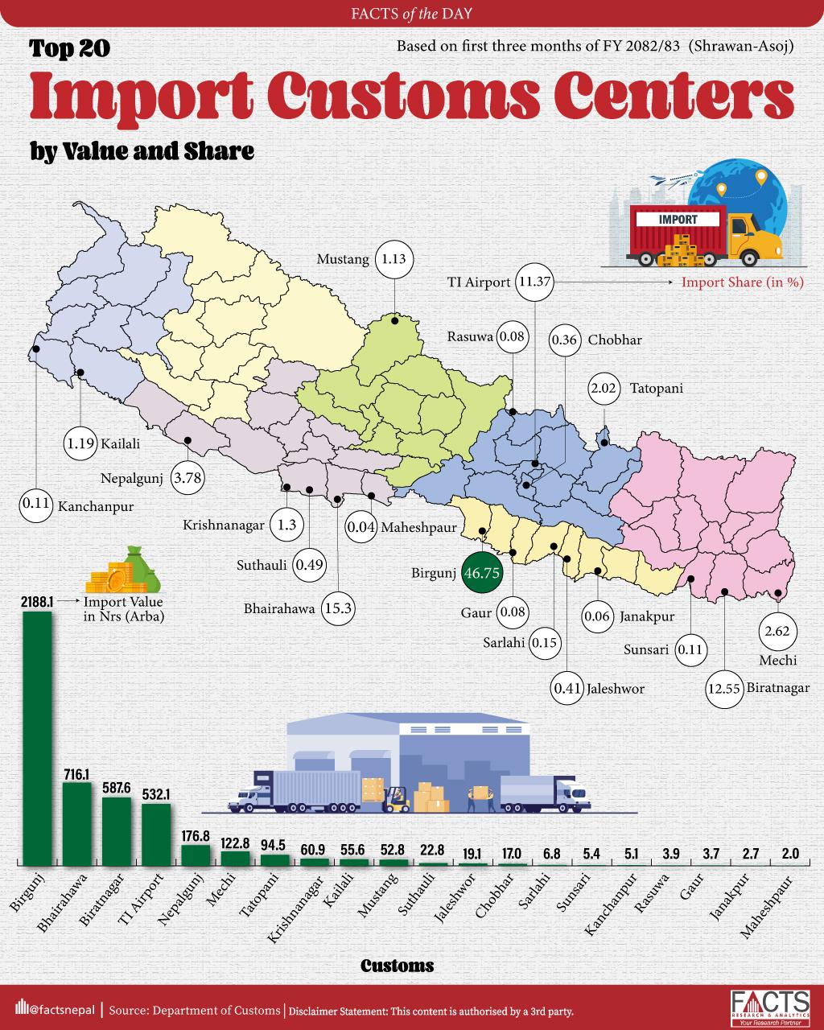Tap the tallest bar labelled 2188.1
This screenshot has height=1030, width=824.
(37, 736)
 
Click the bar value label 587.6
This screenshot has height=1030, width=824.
(117, 785)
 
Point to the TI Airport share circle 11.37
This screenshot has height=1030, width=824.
(535, 282)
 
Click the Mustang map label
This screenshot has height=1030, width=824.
(343, 259)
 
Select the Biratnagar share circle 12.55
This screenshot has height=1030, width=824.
(723, 689)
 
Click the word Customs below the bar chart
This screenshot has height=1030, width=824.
(398, 966)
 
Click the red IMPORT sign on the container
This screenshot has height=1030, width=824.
(678, 218)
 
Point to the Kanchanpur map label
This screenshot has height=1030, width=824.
(96, 507)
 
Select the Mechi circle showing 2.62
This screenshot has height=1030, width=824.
(777, 632)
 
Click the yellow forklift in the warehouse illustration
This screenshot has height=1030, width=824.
(397, 798)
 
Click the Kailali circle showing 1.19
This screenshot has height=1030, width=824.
(81, 442)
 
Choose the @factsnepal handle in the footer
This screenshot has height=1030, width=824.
(55, 1010)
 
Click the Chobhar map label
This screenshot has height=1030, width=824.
(614, 340)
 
